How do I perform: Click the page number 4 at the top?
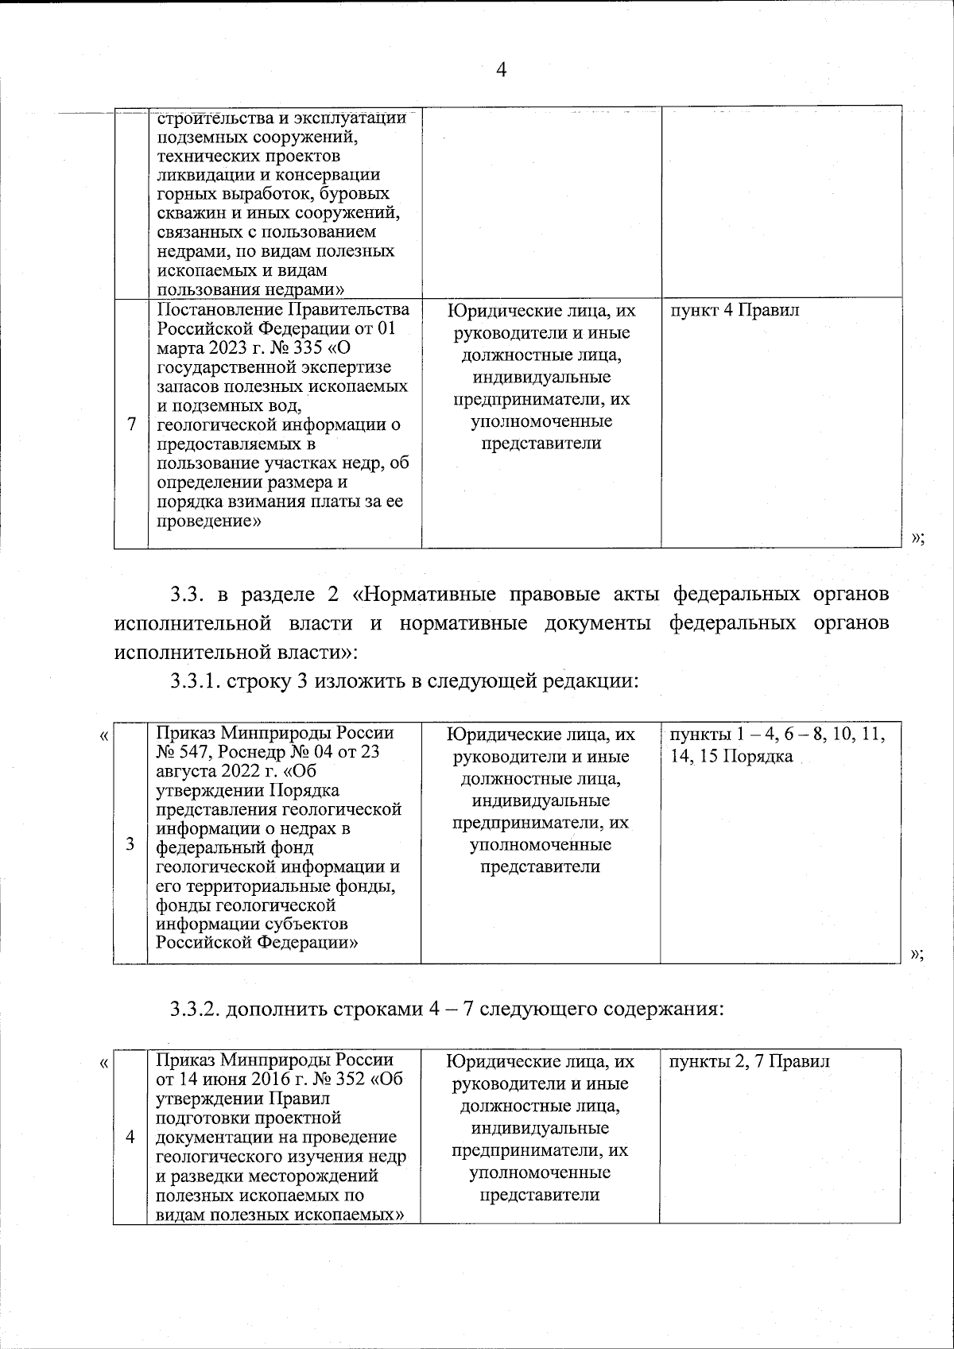click(501, 70)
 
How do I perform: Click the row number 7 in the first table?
click(131, 424)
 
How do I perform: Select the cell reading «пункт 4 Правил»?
click(735, 311)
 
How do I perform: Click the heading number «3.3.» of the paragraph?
click(188, 595)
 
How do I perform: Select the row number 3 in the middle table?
click(130, 844)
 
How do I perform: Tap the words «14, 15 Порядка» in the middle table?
click(731, 756)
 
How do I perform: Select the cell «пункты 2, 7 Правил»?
click(750, 1062)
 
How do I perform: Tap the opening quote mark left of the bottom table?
click(103, 1063)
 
